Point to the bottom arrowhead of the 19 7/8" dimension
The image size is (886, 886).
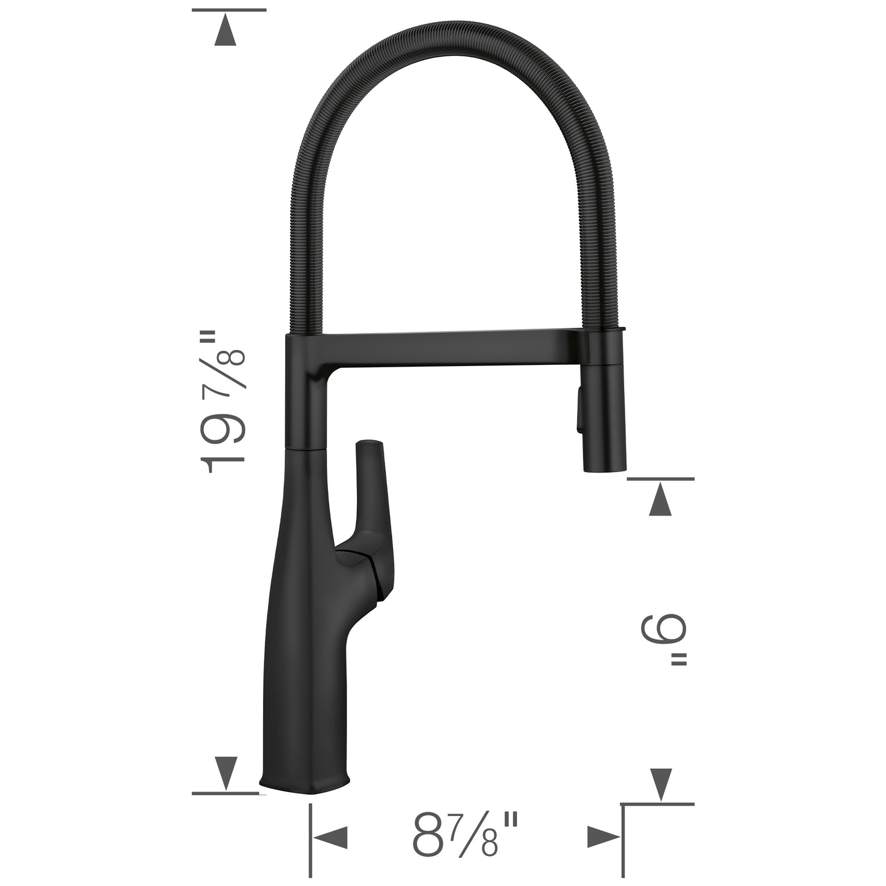226,773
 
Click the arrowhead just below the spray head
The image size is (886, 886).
660,499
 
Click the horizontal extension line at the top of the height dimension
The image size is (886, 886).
229,10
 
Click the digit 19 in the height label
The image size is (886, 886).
224,442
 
